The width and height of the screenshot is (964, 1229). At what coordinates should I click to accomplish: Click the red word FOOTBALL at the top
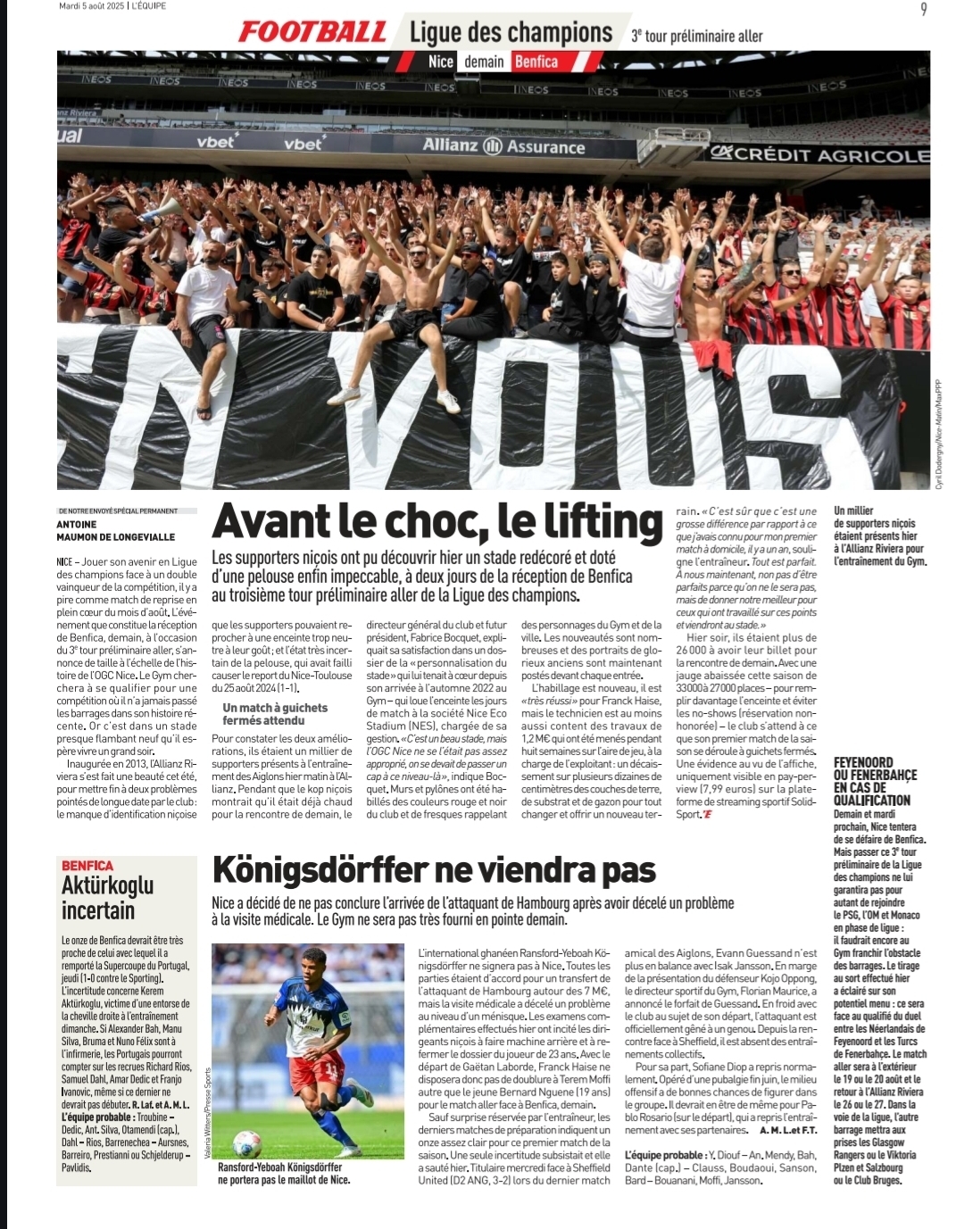point(312,33)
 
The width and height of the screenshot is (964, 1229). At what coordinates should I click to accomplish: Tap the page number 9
point(923,9)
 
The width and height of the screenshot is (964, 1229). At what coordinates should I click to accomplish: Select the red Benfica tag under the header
point(536,62)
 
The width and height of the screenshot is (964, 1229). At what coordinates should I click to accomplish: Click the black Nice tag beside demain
point(441,62)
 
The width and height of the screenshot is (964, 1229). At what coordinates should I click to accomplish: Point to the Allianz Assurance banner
point(503,146)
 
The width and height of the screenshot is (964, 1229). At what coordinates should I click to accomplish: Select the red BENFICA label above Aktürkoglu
point(87,865)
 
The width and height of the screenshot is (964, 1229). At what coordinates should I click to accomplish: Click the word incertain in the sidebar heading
point(98,910)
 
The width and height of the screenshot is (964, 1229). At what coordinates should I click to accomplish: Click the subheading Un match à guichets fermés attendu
point(275,713)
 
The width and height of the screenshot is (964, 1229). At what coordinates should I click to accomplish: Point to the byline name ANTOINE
point(76,525)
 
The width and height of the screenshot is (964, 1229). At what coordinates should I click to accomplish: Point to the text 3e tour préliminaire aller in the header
point(697,37)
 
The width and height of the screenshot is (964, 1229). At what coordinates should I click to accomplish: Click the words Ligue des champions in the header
point(511,33)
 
